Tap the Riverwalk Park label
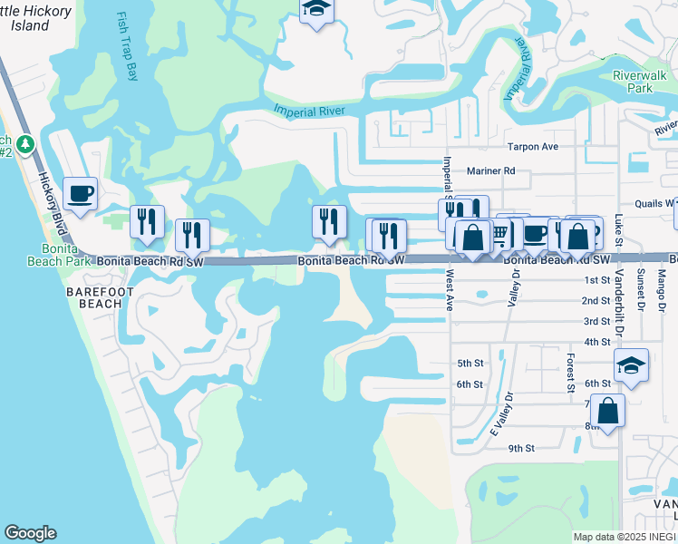click(633, 83)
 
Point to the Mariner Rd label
click(490, 170)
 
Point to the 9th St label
click(521, 448)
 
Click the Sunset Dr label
click(641, 289)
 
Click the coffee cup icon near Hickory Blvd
click(80, 193)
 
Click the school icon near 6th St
click(631, 366)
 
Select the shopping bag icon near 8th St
click(610, 409)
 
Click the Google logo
click(30, 533)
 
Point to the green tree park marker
click(27, 143)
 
